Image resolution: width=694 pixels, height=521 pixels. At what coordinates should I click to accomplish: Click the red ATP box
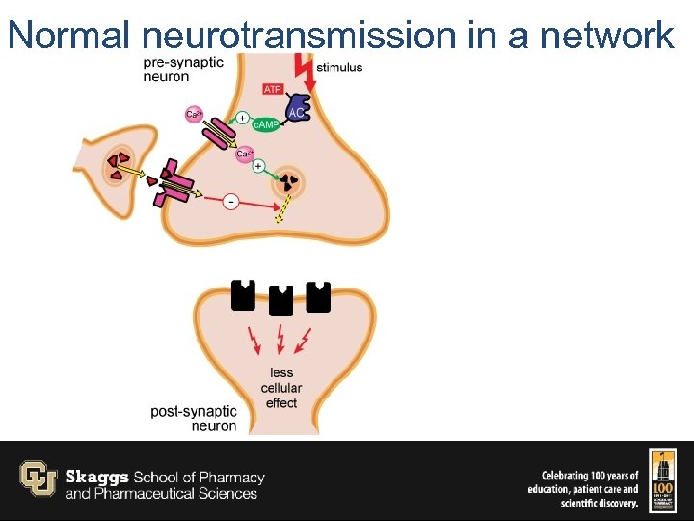273,90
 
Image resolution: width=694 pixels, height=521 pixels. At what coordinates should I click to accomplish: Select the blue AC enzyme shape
298,111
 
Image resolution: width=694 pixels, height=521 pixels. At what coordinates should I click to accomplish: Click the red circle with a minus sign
231,201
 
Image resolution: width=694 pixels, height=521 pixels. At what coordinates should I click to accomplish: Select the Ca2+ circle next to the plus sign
245,153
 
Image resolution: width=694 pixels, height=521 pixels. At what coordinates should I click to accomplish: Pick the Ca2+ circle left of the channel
194,115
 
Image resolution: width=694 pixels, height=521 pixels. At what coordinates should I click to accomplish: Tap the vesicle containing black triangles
287,180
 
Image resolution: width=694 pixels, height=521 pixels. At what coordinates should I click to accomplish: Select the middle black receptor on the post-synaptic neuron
280,300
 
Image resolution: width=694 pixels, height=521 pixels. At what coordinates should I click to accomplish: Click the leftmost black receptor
243,295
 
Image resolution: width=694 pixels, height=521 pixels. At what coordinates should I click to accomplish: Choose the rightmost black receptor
317,296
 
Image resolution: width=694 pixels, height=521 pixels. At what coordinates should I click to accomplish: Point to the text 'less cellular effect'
281,388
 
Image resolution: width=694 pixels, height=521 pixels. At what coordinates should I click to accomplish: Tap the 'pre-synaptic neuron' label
182,69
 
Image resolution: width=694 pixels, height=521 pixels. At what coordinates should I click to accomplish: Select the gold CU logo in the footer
39,478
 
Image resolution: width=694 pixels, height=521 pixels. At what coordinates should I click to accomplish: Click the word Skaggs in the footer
96,478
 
